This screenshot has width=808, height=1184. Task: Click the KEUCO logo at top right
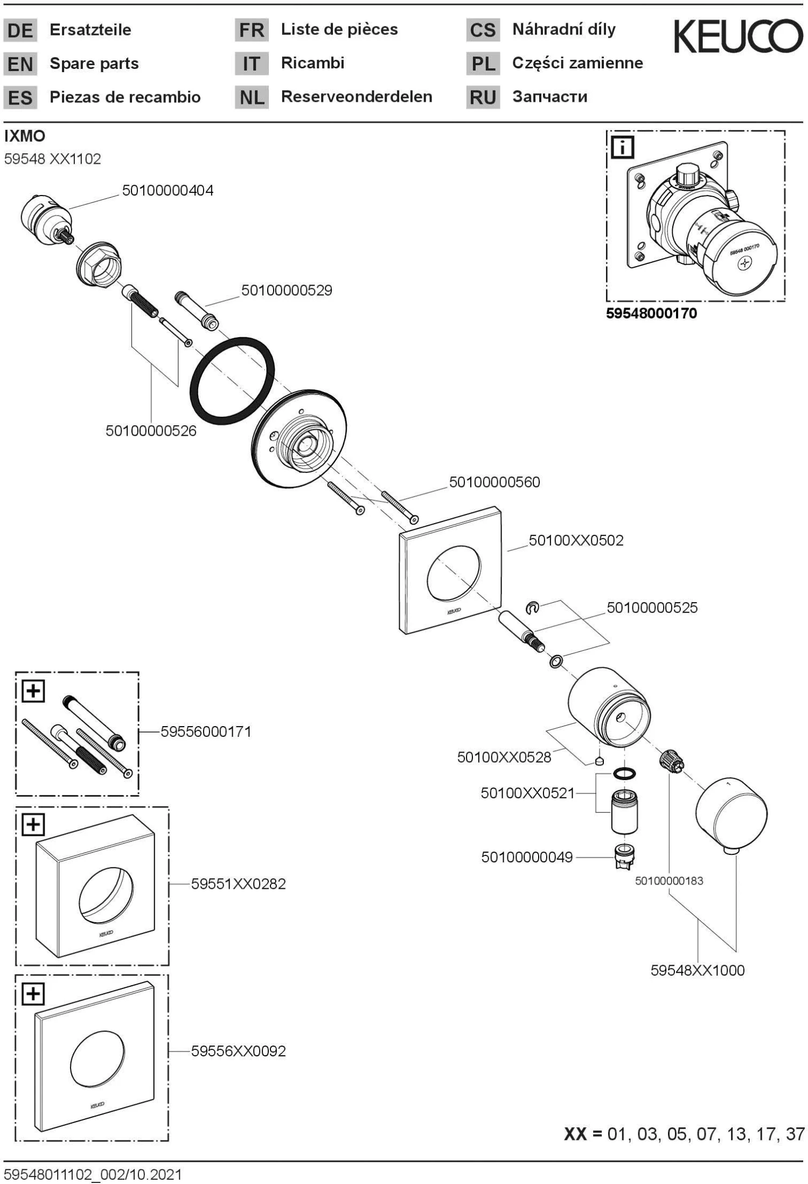(737, 36)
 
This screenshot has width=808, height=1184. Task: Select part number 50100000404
(168, 190)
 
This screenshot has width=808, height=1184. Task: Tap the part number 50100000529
(287, 290)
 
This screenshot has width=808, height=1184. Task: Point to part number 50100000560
(494, 482)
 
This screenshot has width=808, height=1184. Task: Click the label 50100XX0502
(576, 540)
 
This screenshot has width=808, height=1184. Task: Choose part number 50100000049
(527, 857)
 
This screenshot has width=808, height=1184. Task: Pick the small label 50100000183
(669, 881)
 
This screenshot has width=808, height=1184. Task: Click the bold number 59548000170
(651, 314)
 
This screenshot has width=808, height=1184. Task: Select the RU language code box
(483, 97)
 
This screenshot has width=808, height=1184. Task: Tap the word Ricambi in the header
(312, 63)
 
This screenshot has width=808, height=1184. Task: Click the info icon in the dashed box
(623, 147)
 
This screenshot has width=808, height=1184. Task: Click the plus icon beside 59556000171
(33, 691)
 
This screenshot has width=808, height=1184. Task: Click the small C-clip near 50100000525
(532, 608)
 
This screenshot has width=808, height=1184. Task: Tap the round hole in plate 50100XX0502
(453, 574)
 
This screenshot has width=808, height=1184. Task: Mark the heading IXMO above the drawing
(25, 136)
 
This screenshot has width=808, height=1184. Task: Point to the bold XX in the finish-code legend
(575, 1134)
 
